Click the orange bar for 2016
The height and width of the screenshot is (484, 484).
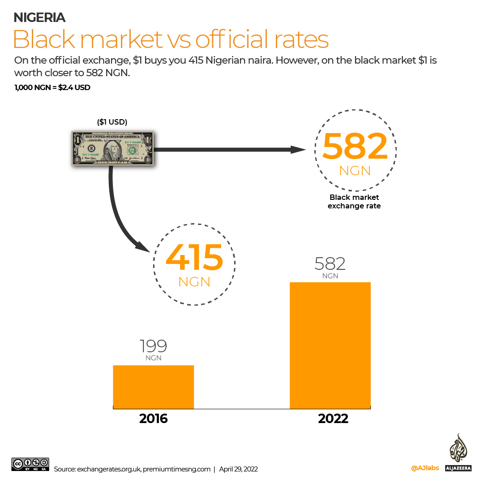153,387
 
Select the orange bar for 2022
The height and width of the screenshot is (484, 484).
330,345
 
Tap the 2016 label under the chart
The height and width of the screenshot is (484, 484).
153,419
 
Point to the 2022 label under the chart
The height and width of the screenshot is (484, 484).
333,419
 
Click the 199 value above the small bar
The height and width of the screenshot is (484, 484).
153,346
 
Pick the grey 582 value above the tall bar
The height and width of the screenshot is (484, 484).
330,264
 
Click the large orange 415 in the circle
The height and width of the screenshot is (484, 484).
194,259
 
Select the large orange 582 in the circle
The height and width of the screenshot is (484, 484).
355,147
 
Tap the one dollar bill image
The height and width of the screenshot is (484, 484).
112,149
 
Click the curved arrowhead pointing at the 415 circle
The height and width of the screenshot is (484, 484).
143,247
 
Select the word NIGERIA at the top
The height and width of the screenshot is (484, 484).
39,17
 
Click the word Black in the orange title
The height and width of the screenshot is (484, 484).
43,39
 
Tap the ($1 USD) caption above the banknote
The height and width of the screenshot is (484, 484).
112,122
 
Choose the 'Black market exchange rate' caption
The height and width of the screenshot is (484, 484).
354,202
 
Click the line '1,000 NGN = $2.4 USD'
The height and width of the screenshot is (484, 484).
52,88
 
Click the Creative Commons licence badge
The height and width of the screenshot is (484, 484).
30,464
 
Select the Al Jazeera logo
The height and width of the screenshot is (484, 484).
458,453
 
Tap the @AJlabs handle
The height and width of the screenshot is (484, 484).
425,469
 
